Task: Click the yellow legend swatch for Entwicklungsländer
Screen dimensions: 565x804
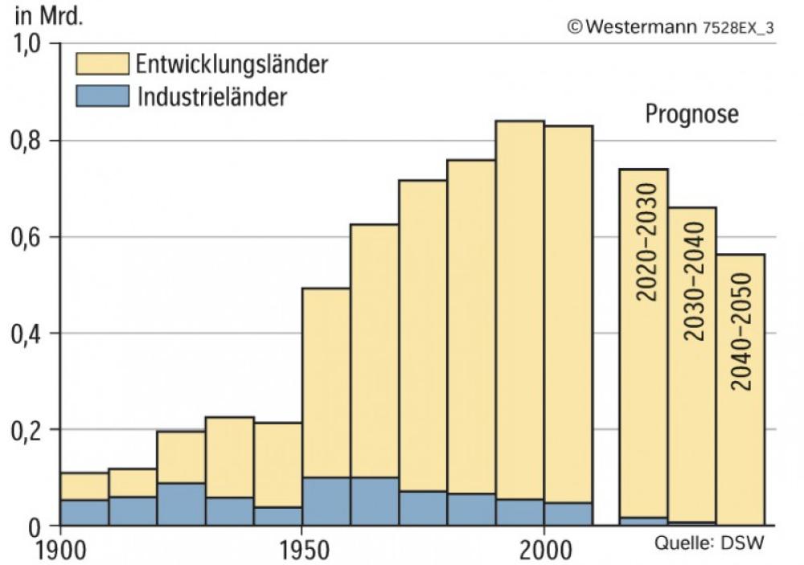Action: tap(102, 63)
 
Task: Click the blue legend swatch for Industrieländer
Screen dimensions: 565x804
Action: tap(102, 96)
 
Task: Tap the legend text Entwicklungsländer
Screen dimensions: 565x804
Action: tap(232, 63)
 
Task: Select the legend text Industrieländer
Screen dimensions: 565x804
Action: tap(212, 96)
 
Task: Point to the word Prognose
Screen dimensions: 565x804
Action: tap(691, 114)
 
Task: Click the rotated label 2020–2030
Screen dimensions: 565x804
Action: tap(646, 241)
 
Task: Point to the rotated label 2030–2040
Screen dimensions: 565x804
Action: tap(693, 281)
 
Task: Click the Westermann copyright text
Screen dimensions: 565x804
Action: tap(671, 26)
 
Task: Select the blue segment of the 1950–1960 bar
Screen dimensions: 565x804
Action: tap(326, 502)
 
